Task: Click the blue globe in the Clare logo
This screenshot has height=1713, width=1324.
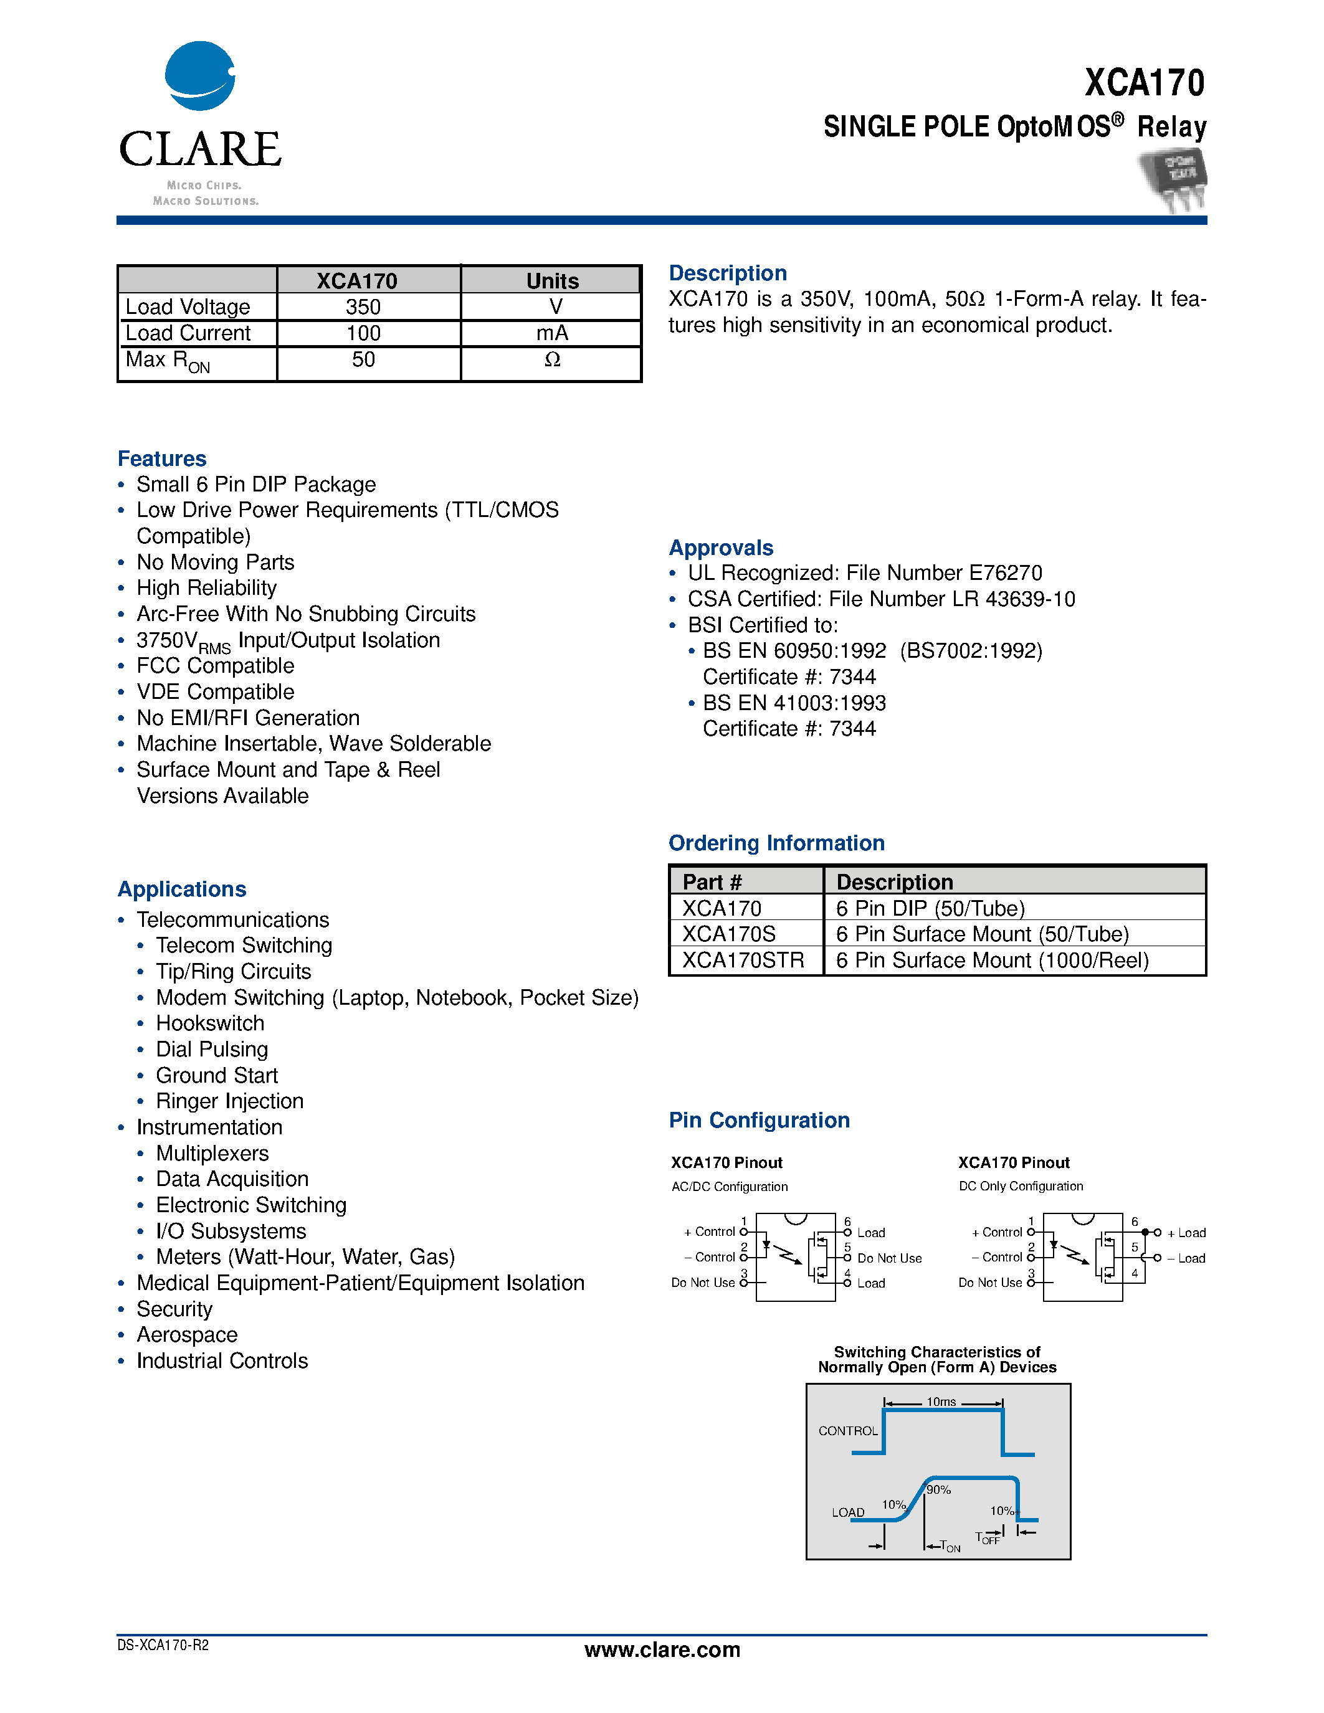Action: [x=199, y=76]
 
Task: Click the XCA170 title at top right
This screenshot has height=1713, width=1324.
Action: [x=1145, y=83]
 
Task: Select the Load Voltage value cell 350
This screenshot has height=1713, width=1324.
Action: [x=363, y=306]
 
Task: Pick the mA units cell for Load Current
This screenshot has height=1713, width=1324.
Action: [x=551, y=333]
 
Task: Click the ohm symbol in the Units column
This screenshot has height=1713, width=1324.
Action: [x=552, y=360]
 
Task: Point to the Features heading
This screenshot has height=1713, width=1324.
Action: [x=161, y=459]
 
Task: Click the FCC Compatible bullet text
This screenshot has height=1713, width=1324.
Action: [x=215, y=666]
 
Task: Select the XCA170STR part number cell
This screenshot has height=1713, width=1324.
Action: [x=743, y=960]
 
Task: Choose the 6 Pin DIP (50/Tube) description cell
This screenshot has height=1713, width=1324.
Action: [x=930, y=908]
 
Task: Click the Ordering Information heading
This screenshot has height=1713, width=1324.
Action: [x=776, y=843]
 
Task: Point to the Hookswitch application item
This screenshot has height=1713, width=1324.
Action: [x=210, y=1023]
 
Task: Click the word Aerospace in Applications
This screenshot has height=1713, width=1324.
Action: [x=187, y=1335]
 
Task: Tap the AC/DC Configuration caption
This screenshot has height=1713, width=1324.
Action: [x=730, y=1187]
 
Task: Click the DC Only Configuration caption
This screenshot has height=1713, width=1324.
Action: [x=1021, y=1186]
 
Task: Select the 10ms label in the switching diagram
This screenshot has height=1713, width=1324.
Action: [x=941, y=1402]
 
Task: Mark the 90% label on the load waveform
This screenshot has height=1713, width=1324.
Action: [x=939, y=1489]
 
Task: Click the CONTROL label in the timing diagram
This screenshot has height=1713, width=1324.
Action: [x=848, y=1431]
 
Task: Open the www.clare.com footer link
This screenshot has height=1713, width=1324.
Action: [x=662, y=1649]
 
